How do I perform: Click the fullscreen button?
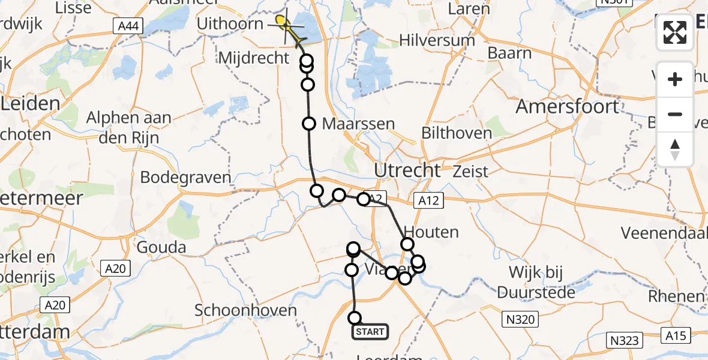[675, 32]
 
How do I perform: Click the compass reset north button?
[675, 149]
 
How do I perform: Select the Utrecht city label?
[407, 170]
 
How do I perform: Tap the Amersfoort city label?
[568, 107]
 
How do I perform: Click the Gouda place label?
[161, 247]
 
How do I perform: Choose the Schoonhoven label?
[246, 310]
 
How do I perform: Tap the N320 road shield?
[520, 319]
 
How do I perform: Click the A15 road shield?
[682, 335]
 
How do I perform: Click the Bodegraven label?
[185, 178]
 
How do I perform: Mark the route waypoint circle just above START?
[355, 317]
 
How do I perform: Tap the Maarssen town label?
[359, 124]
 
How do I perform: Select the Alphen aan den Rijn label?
[129, 127]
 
